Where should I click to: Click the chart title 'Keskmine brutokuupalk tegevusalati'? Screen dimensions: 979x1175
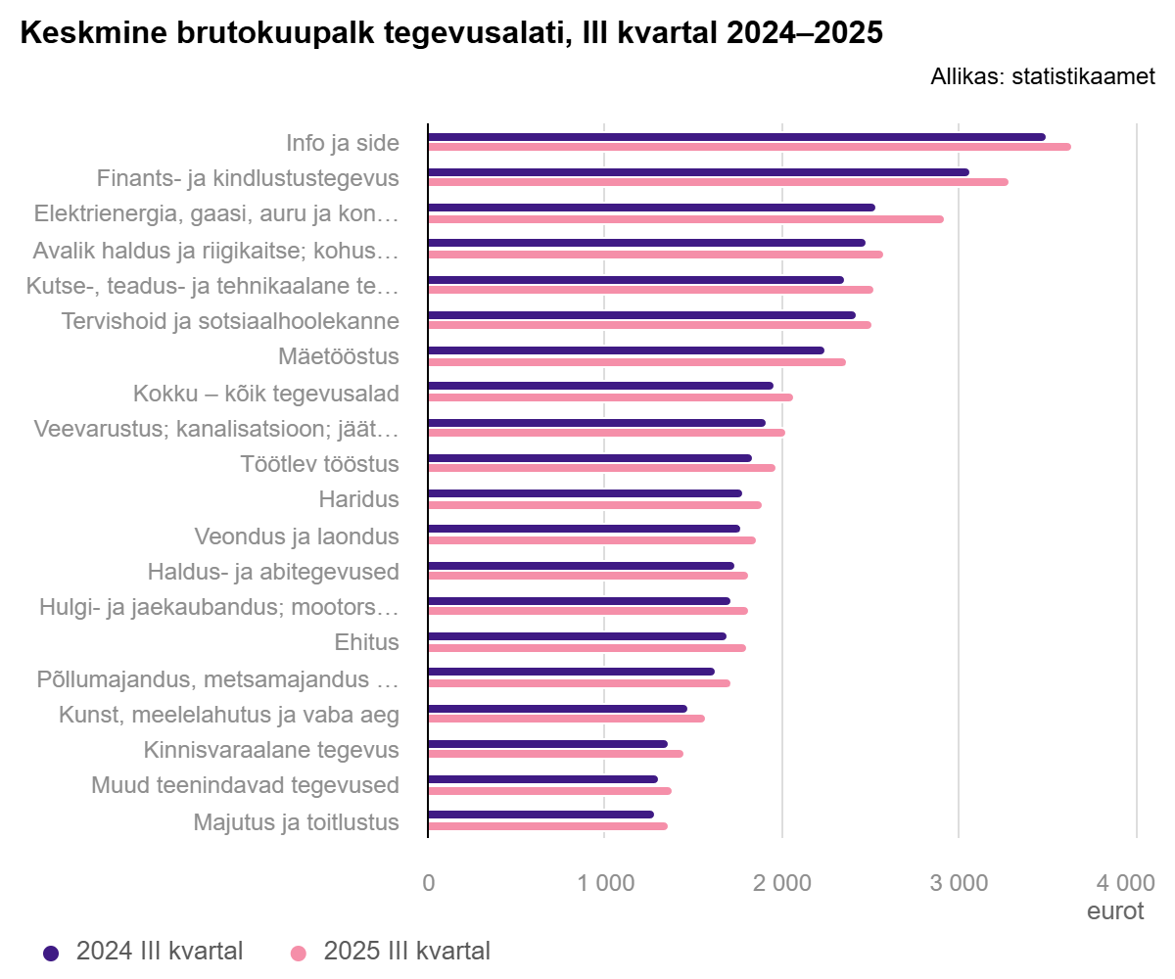tap(451, 33)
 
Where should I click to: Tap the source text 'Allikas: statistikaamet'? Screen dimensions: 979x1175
tap(1043, 76)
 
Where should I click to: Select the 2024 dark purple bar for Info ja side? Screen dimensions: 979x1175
tap(736, 137)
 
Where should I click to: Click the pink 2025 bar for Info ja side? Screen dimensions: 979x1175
tap(749, 147)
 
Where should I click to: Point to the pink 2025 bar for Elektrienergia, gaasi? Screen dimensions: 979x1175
tap(685, 219)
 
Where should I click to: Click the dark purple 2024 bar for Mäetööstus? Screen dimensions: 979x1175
tap(626, 350)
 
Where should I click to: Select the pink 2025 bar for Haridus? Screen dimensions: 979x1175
tap(594, 505)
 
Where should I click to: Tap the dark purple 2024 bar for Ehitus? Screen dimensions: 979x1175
tap(577, 636)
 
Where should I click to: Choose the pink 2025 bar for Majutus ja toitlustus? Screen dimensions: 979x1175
tap(547, 826)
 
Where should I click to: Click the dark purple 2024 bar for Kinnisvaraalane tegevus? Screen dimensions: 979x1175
tap(547, 744)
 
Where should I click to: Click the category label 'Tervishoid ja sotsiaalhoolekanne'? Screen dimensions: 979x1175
tap(230, 321)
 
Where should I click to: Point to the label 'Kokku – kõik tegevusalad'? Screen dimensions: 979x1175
tap(266, 394)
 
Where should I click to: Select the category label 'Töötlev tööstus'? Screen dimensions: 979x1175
tap(320, 464)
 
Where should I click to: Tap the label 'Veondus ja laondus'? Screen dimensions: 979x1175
tap(297, 536)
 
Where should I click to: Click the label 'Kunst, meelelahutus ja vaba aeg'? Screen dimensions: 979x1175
tap(230, 715)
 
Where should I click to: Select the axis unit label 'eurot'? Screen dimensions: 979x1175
tap(1115, 911)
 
